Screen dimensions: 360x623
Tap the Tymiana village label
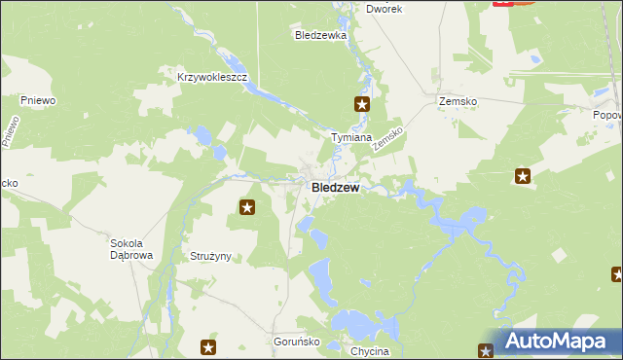click(351, 138)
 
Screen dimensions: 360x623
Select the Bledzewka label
click(321, 35)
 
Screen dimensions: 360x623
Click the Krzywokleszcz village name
click(213, 76)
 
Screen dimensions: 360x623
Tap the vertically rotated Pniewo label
click(10, 131)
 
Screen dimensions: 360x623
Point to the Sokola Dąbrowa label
click(132, 249)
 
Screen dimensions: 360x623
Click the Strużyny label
click(205, 256)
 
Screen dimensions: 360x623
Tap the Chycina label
click(369, 351)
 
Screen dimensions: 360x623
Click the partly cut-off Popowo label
click(607, 115)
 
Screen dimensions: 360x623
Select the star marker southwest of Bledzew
click(247, 206)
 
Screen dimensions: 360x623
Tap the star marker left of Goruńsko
click(208, 346)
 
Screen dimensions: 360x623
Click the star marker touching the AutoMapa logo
click(487, 350)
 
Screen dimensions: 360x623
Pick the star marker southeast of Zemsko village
click(523, 176)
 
